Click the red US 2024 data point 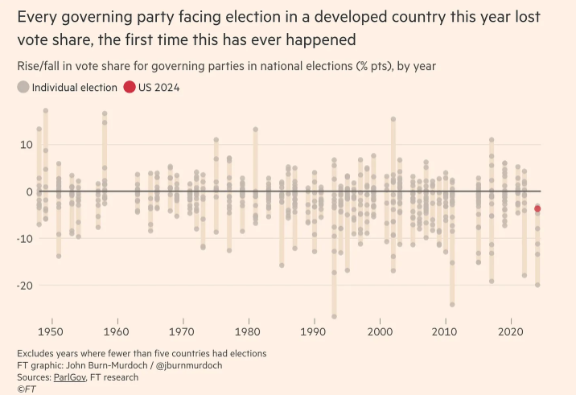click(537, 209)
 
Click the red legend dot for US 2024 click(130, 88)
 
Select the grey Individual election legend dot click(23, 88)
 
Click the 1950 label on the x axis click(51, 331)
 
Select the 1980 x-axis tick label click(249, 331)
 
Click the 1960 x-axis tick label click(117, 331)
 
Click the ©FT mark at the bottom click(26, 389)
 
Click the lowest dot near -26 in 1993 click(334, 316)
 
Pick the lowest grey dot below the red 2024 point click(537, 285)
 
